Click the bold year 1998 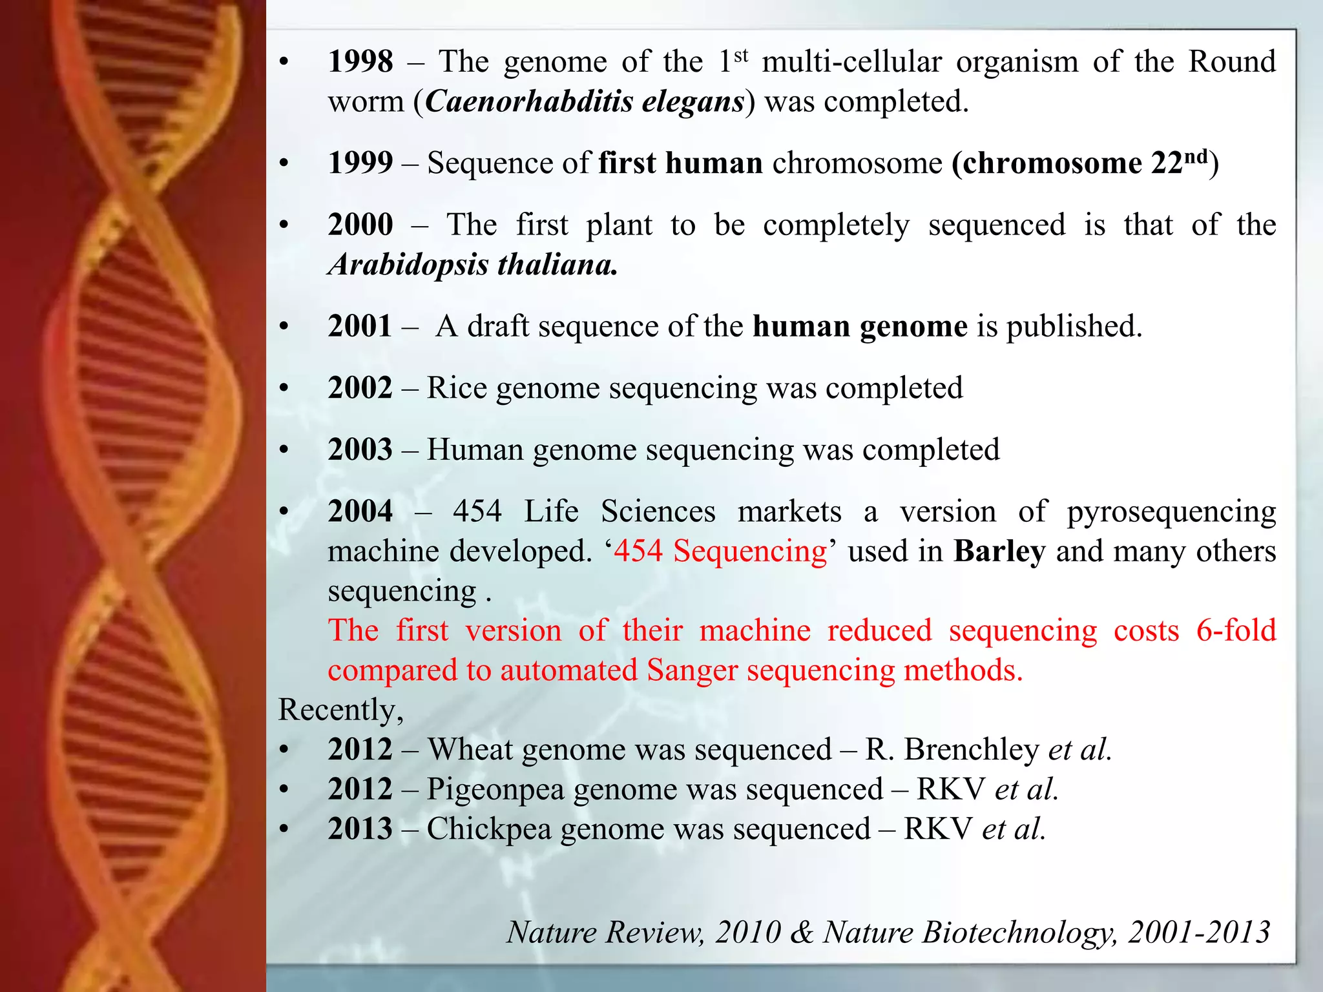(x=360, y=62)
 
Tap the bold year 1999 (x=360, y=163)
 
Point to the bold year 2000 (x=360, y=225)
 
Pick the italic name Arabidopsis (x=408, y=265)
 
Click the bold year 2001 (x=360, y=327)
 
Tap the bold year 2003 (x=360, y=450)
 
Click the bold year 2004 (x=360, y=512)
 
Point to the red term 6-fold (x=1236, y=631)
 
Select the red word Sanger (x=692, y=670)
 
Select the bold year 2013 (x=360, y=829)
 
